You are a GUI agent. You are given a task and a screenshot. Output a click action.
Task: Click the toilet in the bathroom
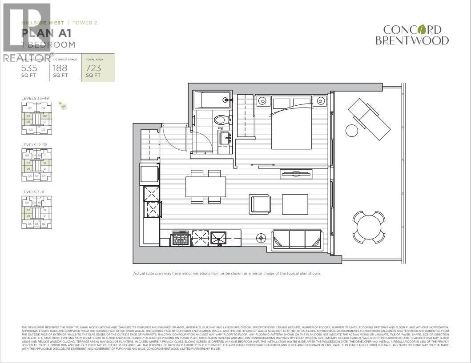click(x=220, y=120)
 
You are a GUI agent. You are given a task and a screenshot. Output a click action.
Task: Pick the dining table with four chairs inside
click(x=205, y=186)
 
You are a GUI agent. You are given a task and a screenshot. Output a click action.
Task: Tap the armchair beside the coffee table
click(x=260, y=204)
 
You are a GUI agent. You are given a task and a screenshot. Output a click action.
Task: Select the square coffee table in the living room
click(x=295, y=204)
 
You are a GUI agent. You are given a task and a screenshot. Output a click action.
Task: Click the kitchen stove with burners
click(x=180, y=239)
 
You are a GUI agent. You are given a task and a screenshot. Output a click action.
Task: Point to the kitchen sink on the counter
click(x=218, y=239)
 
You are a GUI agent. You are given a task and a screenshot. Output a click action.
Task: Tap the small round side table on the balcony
click(x=352, y=131)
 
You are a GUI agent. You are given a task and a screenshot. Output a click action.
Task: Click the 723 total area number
click(x=93, y=68)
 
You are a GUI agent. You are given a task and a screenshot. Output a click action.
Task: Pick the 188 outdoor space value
click(x=60, y=68)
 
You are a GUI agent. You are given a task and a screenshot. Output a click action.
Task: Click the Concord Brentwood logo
click(x=412, y=35)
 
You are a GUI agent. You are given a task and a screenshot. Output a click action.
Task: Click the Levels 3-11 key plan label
click(x=33, y=191)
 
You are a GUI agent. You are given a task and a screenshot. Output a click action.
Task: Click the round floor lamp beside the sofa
click(x=260, y=239)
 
